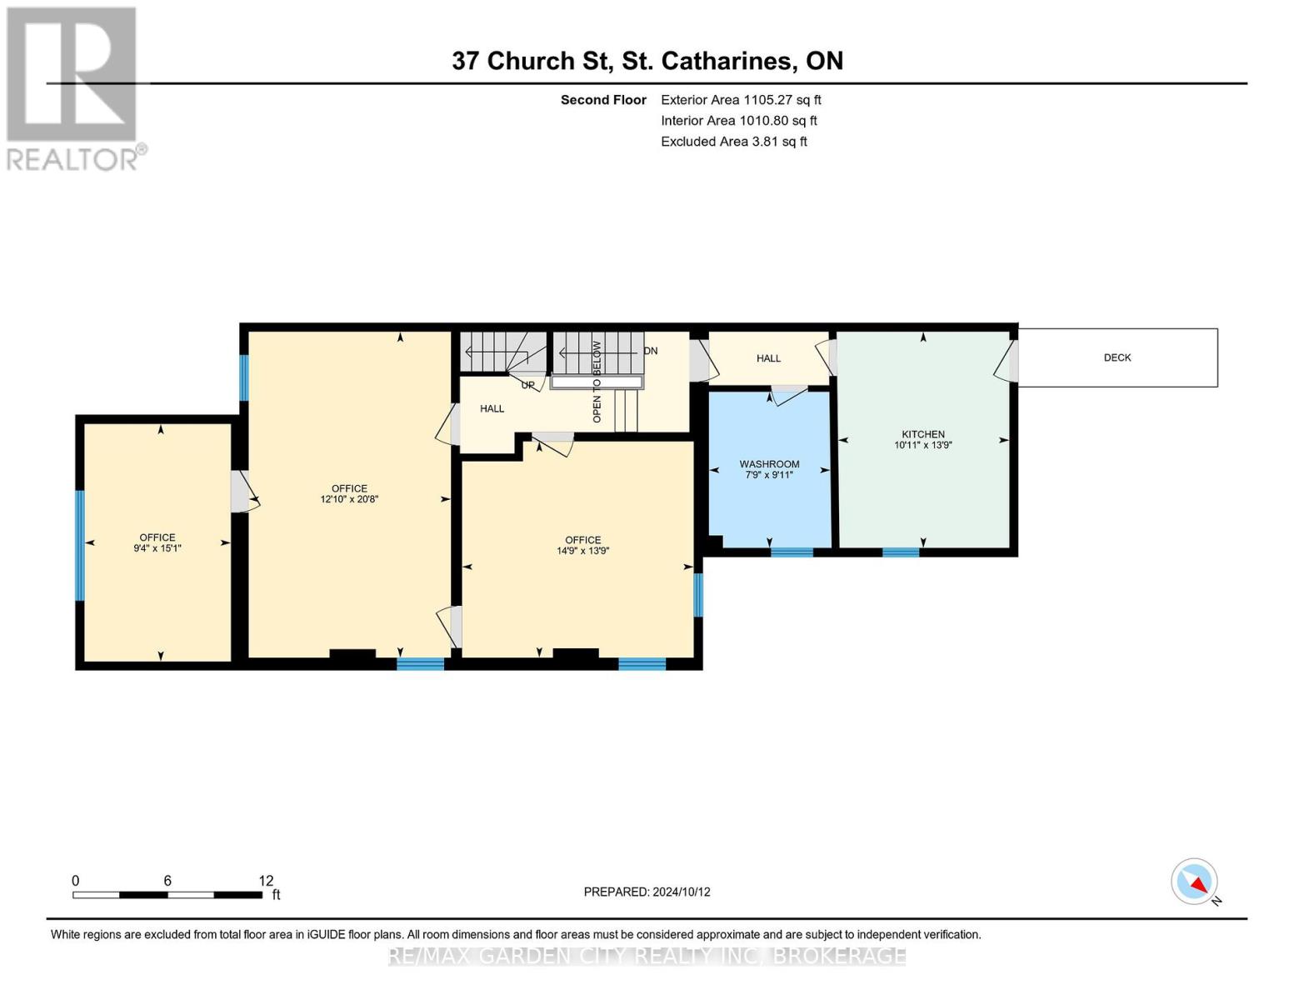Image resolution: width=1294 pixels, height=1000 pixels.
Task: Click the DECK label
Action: tap(1117, 357)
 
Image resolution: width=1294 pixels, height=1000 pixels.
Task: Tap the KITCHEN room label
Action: tap(922, 434)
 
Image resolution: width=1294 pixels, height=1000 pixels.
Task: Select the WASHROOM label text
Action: tap(769, 464)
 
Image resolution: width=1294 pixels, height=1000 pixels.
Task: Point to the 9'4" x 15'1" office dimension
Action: tap(157, 548)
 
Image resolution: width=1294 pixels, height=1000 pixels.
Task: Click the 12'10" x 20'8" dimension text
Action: tap(350, 499)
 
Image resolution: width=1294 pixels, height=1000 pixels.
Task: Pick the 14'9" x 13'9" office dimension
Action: tap(582, 551)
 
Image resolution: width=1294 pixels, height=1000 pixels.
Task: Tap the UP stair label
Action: tap(527, 385)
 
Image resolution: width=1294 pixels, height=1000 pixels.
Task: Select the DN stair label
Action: tap(650, 351)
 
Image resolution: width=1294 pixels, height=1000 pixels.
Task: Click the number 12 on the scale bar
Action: tap(266, 880)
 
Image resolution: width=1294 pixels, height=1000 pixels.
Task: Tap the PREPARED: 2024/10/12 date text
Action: tap(647, 892)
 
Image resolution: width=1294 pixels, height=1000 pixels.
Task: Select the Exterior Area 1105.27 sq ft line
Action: tap(741, 100)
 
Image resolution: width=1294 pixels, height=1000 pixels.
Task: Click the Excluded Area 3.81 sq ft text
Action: tap(733, 141)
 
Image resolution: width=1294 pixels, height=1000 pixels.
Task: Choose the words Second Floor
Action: tap(603, 100)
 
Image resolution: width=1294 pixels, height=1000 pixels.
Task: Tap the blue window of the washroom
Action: tap(792, 552)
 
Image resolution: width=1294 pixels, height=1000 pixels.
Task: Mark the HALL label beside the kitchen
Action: tap(768, 358)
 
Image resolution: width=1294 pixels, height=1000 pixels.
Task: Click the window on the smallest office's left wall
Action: tap(80, 545)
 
